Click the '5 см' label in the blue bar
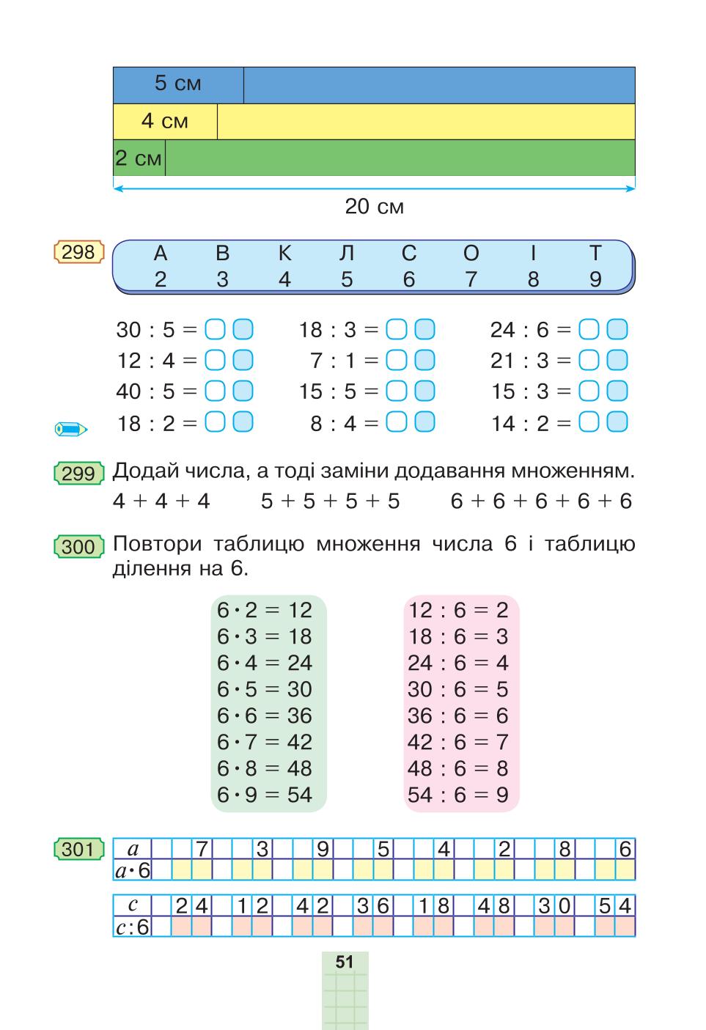coord(178,84)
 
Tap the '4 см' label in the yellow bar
coord(165,121)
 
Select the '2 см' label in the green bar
coord(138,158)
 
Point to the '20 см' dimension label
coord(375,207)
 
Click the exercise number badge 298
coord(78,252)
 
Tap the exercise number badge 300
coord(78,547)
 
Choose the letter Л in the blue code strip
coord(346,253)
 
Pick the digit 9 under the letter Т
coord(595,279)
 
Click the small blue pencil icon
coord(71,429)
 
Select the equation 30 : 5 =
coord(156,330)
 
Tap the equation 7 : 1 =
coord(344,361)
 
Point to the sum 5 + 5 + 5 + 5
coord(330,501)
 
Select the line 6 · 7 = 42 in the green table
coord(265,742)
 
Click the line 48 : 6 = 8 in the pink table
coord(458,768)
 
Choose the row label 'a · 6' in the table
coord(133,870)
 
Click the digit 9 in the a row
coord(323,849)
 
